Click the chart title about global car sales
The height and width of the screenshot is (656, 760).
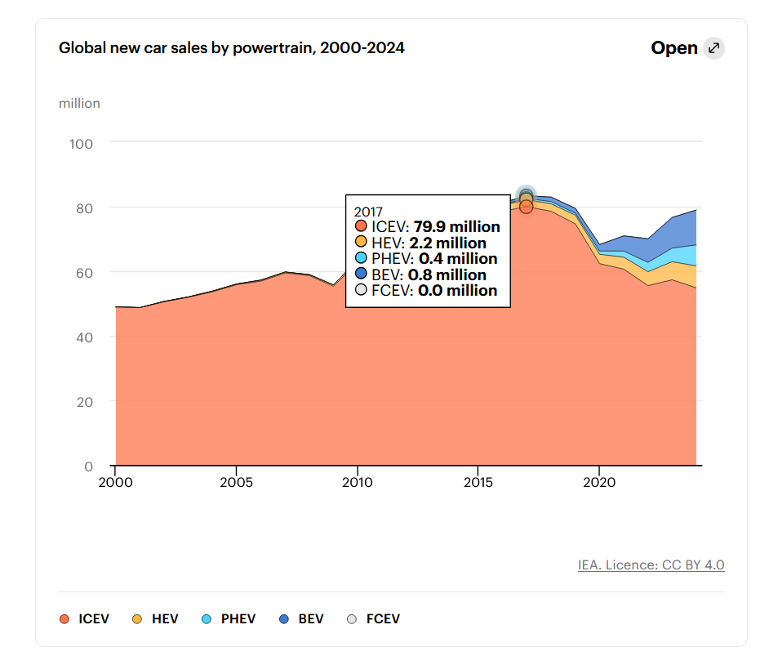[x=231, y=48]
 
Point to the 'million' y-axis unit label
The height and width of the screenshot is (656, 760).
[x=79, y=104]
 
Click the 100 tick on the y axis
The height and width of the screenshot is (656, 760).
[x=81, y=144]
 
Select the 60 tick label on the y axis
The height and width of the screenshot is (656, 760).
[x=84, y=273]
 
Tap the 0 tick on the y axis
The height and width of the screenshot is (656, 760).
[x=88, y=466]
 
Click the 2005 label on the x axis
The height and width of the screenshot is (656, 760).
[x=236, y=482]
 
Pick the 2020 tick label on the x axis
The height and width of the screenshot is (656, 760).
[x=599, y=482]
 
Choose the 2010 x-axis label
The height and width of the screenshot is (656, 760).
[x=358, y=482]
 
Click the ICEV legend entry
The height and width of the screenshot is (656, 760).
[x=84, y=619]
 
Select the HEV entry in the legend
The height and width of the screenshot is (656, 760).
[x=156, y=619]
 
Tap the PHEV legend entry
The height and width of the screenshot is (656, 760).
[x=229, y=619]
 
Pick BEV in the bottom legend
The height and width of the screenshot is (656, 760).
[x=301, y=619]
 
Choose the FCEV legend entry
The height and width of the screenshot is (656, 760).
[x=374, y=619]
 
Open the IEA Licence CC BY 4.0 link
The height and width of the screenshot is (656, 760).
[x=651, y=565]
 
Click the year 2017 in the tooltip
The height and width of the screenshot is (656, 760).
[x=368, y=212]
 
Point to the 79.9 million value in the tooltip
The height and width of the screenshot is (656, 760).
[x=456, y=227]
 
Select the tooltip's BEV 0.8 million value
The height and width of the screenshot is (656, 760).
[x=447, y=275]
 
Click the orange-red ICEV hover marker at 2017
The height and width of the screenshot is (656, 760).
[x=526, y=207]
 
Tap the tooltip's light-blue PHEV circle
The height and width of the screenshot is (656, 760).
[x=361, y=257]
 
